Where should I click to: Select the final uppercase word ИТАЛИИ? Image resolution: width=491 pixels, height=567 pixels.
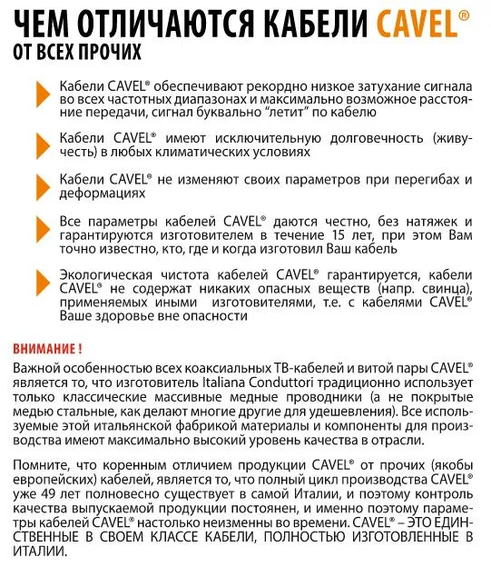40,548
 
